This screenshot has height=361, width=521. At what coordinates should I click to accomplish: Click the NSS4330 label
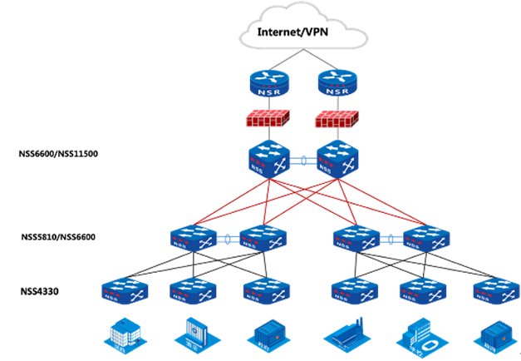pos(39,292)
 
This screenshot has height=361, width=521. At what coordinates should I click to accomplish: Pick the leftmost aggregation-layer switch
pos(194,240)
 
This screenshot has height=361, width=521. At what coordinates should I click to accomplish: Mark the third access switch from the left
pos(266,290)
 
